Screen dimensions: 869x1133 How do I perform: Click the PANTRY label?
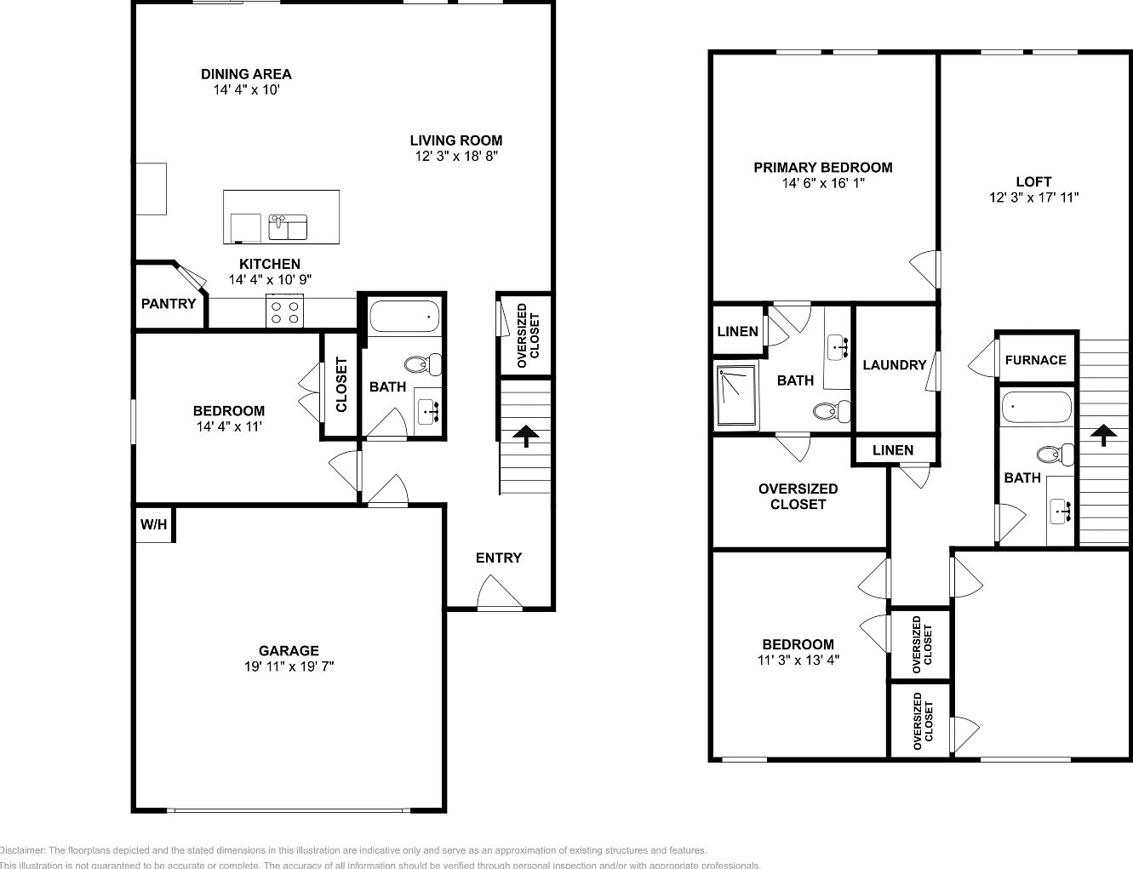[169, 304]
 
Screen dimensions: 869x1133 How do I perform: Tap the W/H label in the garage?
[153, 525]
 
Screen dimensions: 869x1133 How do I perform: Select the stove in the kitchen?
[285, 311]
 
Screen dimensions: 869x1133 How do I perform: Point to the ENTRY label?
[499, 558]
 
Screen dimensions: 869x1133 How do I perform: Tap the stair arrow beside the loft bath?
[1104, 435]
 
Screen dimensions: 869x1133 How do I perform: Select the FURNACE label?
[1035, 360]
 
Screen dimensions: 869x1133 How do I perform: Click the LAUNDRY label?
[894, 365]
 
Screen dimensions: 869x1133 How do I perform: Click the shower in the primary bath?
[736, 396]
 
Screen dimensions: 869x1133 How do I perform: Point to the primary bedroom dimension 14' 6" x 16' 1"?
[822, 183]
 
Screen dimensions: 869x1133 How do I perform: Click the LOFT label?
[1033, 182]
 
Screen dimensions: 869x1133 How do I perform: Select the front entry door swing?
[500, 593]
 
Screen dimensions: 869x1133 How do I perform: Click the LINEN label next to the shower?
[737, 331]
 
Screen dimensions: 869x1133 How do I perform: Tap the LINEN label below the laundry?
[893, 450]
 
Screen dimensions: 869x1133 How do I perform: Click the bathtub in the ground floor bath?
[404, 317]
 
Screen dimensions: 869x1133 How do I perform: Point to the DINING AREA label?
[246, 74]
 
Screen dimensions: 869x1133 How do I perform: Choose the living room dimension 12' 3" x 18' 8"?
[455, 157]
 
